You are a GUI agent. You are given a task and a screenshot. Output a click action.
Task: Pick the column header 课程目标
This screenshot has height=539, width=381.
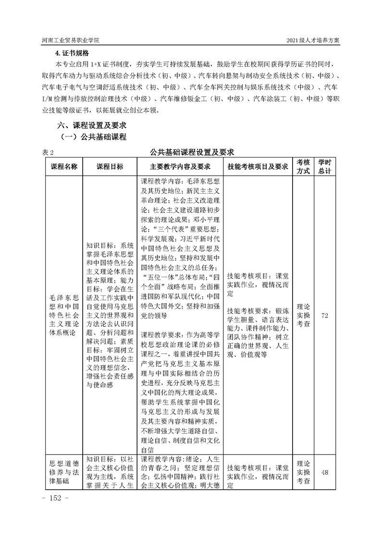[x=110, y=166]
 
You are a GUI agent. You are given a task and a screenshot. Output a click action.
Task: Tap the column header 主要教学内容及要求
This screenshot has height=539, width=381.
[x=180, y=166]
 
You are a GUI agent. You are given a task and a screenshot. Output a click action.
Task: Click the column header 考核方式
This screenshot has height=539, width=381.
[x=303, y=166]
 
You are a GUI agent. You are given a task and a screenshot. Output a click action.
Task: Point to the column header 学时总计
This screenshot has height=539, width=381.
[x=325, y=166]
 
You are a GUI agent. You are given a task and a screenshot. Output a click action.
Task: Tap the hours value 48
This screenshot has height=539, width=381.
[x=324, y=472]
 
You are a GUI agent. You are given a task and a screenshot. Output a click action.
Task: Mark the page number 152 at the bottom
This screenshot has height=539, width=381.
[x=56, y=497]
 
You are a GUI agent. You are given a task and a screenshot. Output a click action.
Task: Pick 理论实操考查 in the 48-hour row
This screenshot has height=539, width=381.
[x=303, y=472]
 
